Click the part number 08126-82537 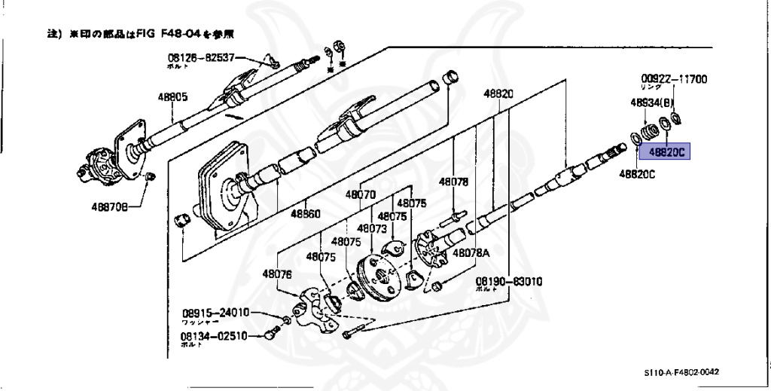click(201, 57)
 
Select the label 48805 click(172, 97)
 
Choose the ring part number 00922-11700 click(674, 78)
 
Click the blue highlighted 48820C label click(663, 152)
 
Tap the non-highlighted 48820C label click(637, 174)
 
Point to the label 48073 click(372, 228)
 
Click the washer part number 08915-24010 click(214, 313)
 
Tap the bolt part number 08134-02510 click(214, 337)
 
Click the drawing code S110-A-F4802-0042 click(681, 372)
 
